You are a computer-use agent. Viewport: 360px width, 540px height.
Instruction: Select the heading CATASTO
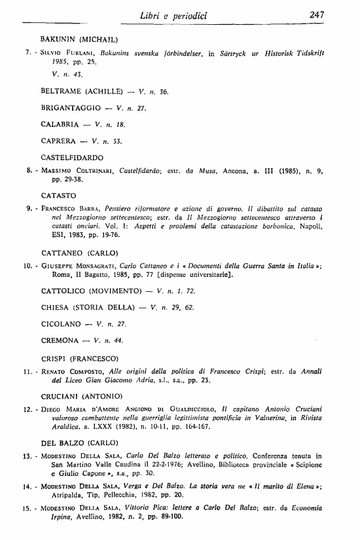point(58,195)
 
